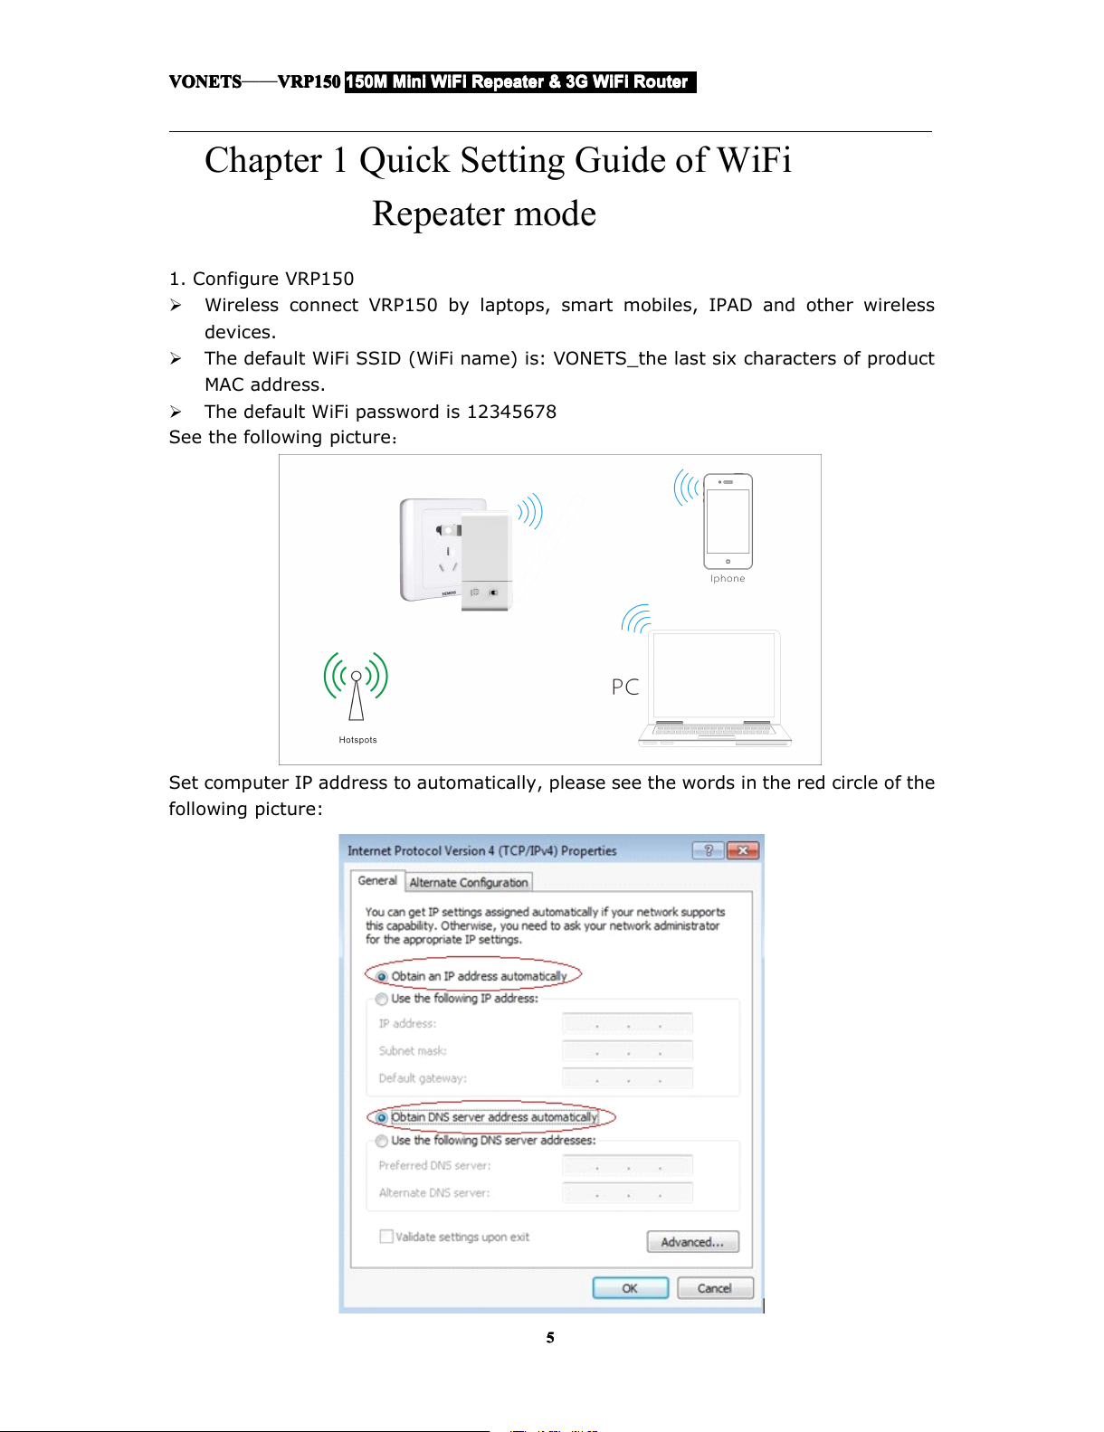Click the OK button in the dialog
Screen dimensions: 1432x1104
(630, 1288)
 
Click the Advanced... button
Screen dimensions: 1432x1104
(692, 1242)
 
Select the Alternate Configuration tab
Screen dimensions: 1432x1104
(468, 882)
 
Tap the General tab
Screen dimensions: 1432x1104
(377, 880)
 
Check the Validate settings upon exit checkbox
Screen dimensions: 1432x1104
(386, 1237)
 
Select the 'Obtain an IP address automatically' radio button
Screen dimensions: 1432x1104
(382, 977)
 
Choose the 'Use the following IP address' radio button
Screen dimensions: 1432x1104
(382, 1000)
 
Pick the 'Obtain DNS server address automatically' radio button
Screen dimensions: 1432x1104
(382, 1118)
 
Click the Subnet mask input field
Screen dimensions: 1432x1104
(627, 1051)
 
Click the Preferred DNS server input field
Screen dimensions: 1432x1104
(627, 1166)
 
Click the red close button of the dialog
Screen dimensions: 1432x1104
(743, 850)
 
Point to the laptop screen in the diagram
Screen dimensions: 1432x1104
(714, 674)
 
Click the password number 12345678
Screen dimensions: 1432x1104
(511, 412)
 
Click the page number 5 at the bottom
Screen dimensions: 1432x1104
(550, 1338)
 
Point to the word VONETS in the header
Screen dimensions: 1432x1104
(205, 82)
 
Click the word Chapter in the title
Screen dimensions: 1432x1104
(263, 161)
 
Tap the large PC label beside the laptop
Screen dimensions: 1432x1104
(625, 688)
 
